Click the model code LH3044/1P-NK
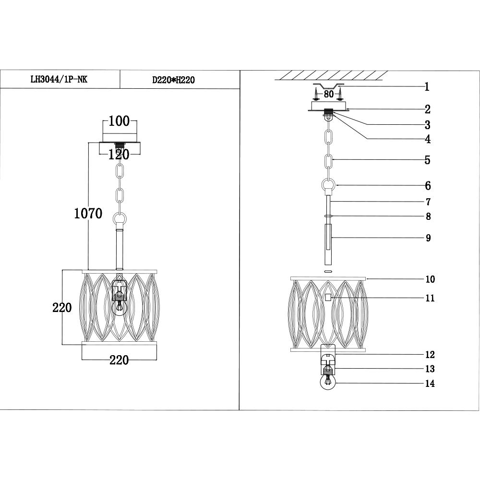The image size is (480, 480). pyautogui.click(x=59, y=80)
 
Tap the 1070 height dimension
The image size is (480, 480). pyautogui.click(x=88, y=213)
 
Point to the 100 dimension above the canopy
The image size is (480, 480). pyautogui.click(x=119, y=121)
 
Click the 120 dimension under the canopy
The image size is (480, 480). pyautogui.click(x=119, y=155)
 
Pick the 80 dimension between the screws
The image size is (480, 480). pyautogui.click(x=328, y=94)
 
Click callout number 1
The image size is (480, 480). pyautogui.click(x=427, y=87)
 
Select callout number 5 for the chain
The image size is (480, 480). pyautogui.click(x=427, y=160)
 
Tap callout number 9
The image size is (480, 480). pyautogui.click(x=428, y=238)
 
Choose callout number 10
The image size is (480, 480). pyautogui.click(x=430, y=279)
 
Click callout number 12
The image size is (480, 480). pyautogui.click(x=430, y=355)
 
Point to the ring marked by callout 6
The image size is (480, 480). pyautogui.click(x=329, y=185)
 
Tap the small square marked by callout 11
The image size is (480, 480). pyautogui.click(x=328, y=298)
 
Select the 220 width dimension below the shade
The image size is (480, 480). pyautogui.click(x=119, y=360)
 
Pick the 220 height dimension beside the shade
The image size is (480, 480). pyautogui.click(x=62, y=307)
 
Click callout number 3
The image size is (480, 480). pyautogui.click(x=427, y=125)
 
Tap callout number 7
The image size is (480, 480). pyautogui.click(x=428, y=202)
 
